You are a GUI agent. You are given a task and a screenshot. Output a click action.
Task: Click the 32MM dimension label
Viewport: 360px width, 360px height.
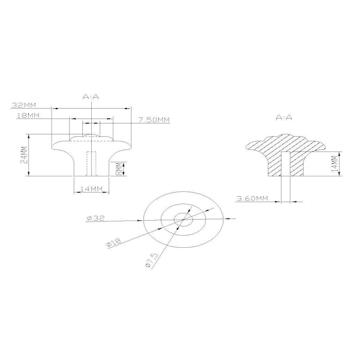click(x=24, y=105)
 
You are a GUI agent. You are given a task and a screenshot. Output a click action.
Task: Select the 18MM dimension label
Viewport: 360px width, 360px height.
click(x=28, y=115)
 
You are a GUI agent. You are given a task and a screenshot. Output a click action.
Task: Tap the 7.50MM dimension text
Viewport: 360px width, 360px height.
click(x=154, y=120)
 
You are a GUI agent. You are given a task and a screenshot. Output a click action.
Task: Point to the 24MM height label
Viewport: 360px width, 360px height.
click(x=25, y=155)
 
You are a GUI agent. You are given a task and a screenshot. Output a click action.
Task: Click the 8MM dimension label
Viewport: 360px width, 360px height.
click(x=119, y=169)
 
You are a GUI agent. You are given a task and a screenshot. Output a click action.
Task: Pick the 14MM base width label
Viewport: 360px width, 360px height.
click(x=91, y=189)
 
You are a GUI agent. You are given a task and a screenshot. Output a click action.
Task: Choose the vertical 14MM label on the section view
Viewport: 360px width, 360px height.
click(x=335, y=163)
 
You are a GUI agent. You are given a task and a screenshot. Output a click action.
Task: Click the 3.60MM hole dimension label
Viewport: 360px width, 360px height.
click(x=253, y=198)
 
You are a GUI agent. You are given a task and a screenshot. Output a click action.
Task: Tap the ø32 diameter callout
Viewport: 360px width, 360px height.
click(x=95, y=218)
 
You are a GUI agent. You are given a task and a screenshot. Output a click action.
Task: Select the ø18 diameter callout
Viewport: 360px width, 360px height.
click(x=113, y=242)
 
